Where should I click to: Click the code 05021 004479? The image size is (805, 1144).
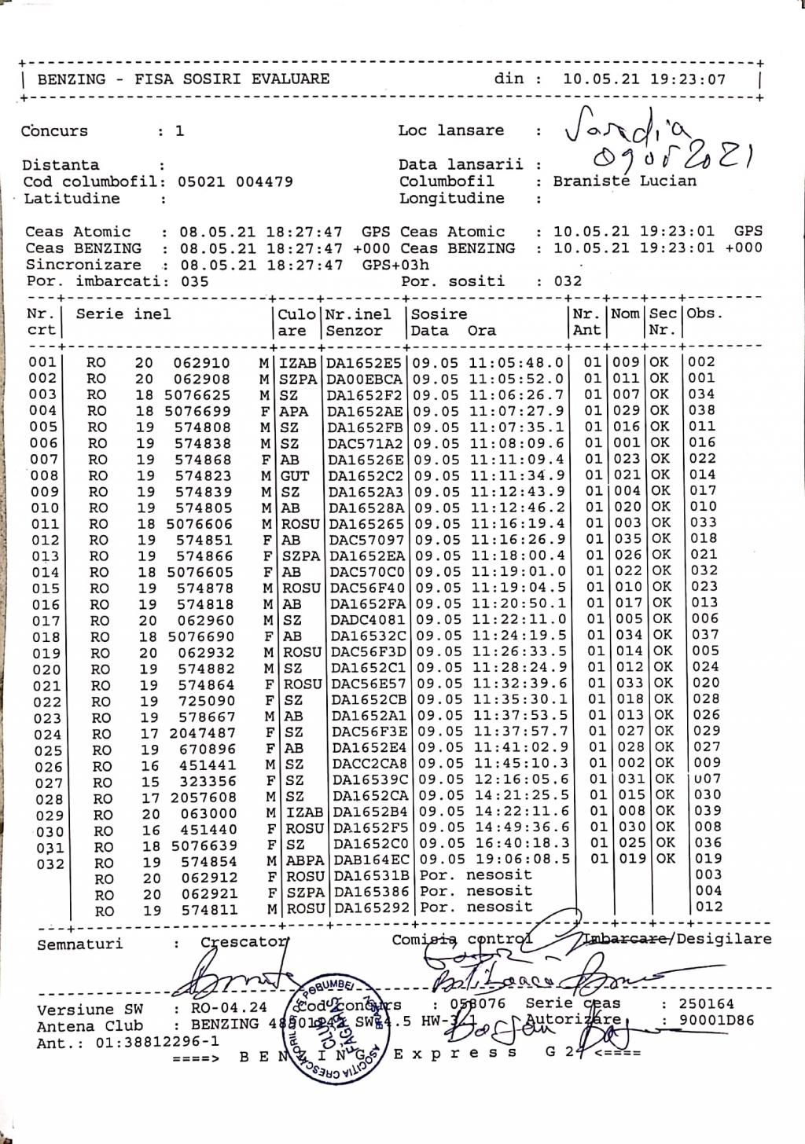(x=235, y=181)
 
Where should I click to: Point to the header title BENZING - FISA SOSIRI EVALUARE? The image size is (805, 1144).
(x=183, y=79)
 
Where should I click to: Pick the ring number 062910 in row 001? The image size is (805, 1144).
(x=202, y=363)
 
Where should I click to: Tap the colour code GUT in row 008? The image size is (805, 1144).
(x=294, y=475)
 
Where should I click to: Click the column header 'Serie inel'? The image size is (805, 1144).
(x=123, y=314)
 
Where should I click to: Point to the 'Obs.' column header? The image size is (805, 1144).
(x=704, y=313)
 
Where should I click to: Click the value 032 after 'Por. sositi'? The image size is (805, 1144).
(x=568, y=281)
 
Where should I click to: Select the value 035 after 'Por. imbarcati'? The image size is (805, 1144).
(x=194, y=281)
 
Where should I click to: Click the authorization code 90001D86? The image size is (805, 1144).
(x=708, y=1021)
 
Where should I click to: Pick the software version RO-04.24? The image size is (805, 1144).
(x=230, y=1008)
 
